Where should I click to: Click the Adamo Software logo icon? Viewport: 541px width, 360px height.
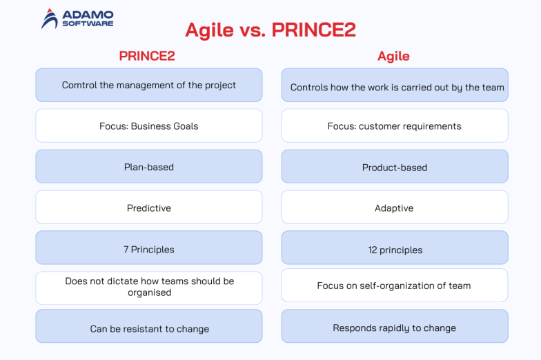tap(50, 19)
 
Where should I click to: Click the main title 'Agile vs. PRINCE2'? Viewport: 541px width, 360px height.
tap(270, 30)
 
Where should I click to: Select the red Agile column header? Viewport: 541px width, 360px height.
tap(393, 56)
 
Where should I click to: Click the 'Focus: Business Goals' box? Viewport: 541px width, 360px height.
tap(149, 126)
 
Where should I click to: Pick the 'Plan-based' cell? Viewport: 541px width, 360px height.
tap(149, 167)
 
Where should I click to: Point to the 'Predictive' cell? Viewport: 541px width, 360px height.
tap(149, 208)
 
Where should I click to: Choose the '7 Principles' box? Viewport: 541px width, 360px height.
tap(149, 249)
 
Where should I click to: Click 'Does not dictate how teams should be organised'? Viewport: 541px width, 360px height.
tap(149, 287)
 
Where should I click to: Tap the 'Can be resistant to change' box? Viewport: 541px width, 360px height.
tap(149, 328)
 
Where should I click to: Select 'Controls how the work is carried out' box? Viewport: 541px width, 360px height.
tap(395, 87)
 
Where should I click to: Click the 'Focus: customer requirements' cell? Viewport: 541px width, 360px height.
tap(395, 126)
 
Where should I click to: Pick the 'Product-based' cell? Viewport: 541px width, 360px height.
tap(395, 167)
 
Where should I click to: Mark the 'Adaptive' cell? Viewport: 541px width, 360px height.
tap(395, 208)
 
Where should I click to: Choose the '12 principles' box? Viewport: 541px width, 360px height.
tap(395, 249)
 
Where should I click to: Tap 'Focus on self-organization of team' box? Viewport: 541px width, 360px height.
tap(395, 286)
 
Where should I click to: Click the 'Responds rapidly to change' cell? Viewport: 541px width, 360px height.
tap(395, 328)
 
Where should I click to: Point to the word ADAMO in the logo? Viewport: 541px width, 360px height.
tap(87, 14)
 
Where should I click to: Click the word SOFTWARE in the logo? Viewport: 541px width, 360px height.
tap(87, 23)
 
